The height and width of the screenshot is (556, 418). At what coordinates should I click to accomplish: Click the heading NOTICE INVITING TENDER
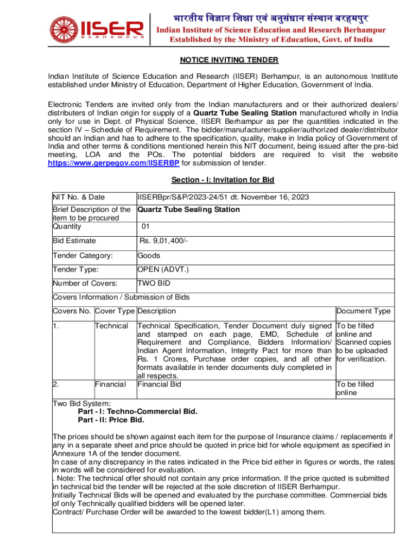point(222,60)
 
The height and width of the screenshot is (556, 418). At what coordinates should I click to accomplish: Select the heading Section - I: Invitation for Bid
point(222,180)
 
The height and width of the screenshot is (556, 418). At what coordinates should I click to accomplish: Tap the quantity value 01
point(146,226)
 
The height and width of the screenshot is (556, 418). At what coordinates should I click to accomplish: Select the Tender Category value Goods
point(148,255)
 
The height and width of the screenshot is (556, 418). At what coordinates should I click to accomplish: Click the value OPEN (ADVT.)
point(163,269)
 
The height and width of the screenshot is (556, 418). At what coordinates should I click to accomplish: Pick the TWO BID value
point(155,283)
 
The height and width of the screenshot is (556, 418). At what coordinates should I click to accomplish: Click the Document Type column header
point(363,311)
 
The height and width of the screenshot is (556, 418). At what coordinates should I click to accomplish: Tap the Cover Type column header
point(115,311)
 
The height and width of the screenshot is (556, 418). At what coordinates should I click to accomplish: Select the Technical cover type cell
point(111,326)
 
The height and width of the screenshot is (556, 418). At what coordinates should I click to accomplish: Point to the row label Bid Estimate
point(74,241)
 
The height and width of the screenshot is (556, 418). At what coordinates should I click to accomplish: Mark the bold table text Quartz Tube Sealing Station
point(188,210)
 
